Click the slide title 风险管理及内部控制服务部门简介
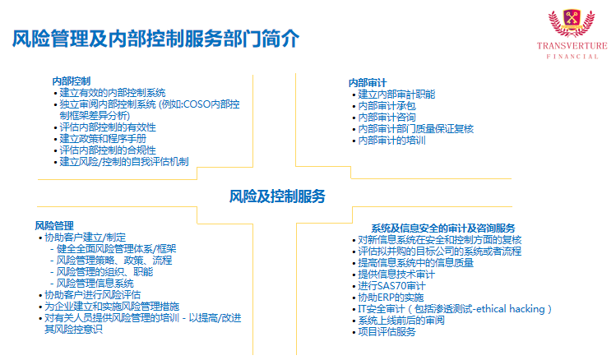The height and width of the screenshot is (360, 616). (155, 39)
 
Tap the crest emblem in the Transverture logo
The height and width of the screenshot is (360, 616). (572, 23)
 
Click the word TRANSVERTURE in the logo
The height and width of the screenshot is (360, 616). (572, 45)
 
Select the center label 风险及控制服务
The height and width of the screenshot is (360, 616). (277, 196)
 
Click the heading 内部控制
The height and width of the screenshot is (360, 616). (71, 81)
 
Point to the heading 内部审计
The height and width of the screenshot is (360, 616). (368, 83)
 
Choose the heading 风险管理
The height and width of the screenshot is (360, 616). (54, 226)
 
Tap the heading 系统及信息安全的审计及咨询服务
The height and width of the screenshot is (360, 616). (443, 228)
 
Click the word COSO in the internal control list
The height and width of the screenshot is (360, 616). (197, 104)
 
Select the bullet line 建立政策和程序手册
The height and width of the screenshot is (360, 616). (103, 139)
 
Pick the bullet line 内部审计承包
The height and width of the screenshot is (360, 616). (387, 106)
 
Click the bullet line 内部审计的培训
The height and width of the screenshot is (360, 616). (391, 141)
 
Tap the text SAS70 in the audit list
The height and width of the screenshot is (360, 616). (391, 286)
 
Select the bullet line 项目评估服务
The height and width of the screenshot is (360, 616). (387, 332)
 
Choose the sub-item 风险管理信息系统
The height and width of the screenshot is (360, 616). (95, 284)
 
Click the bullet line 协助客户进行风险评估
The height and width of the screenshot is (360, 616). (92, 295)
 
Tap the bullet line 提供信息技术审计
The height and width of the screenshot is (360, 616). (396, 275)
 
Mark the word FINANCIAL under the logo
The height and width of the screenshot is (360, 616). (572, 57)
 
